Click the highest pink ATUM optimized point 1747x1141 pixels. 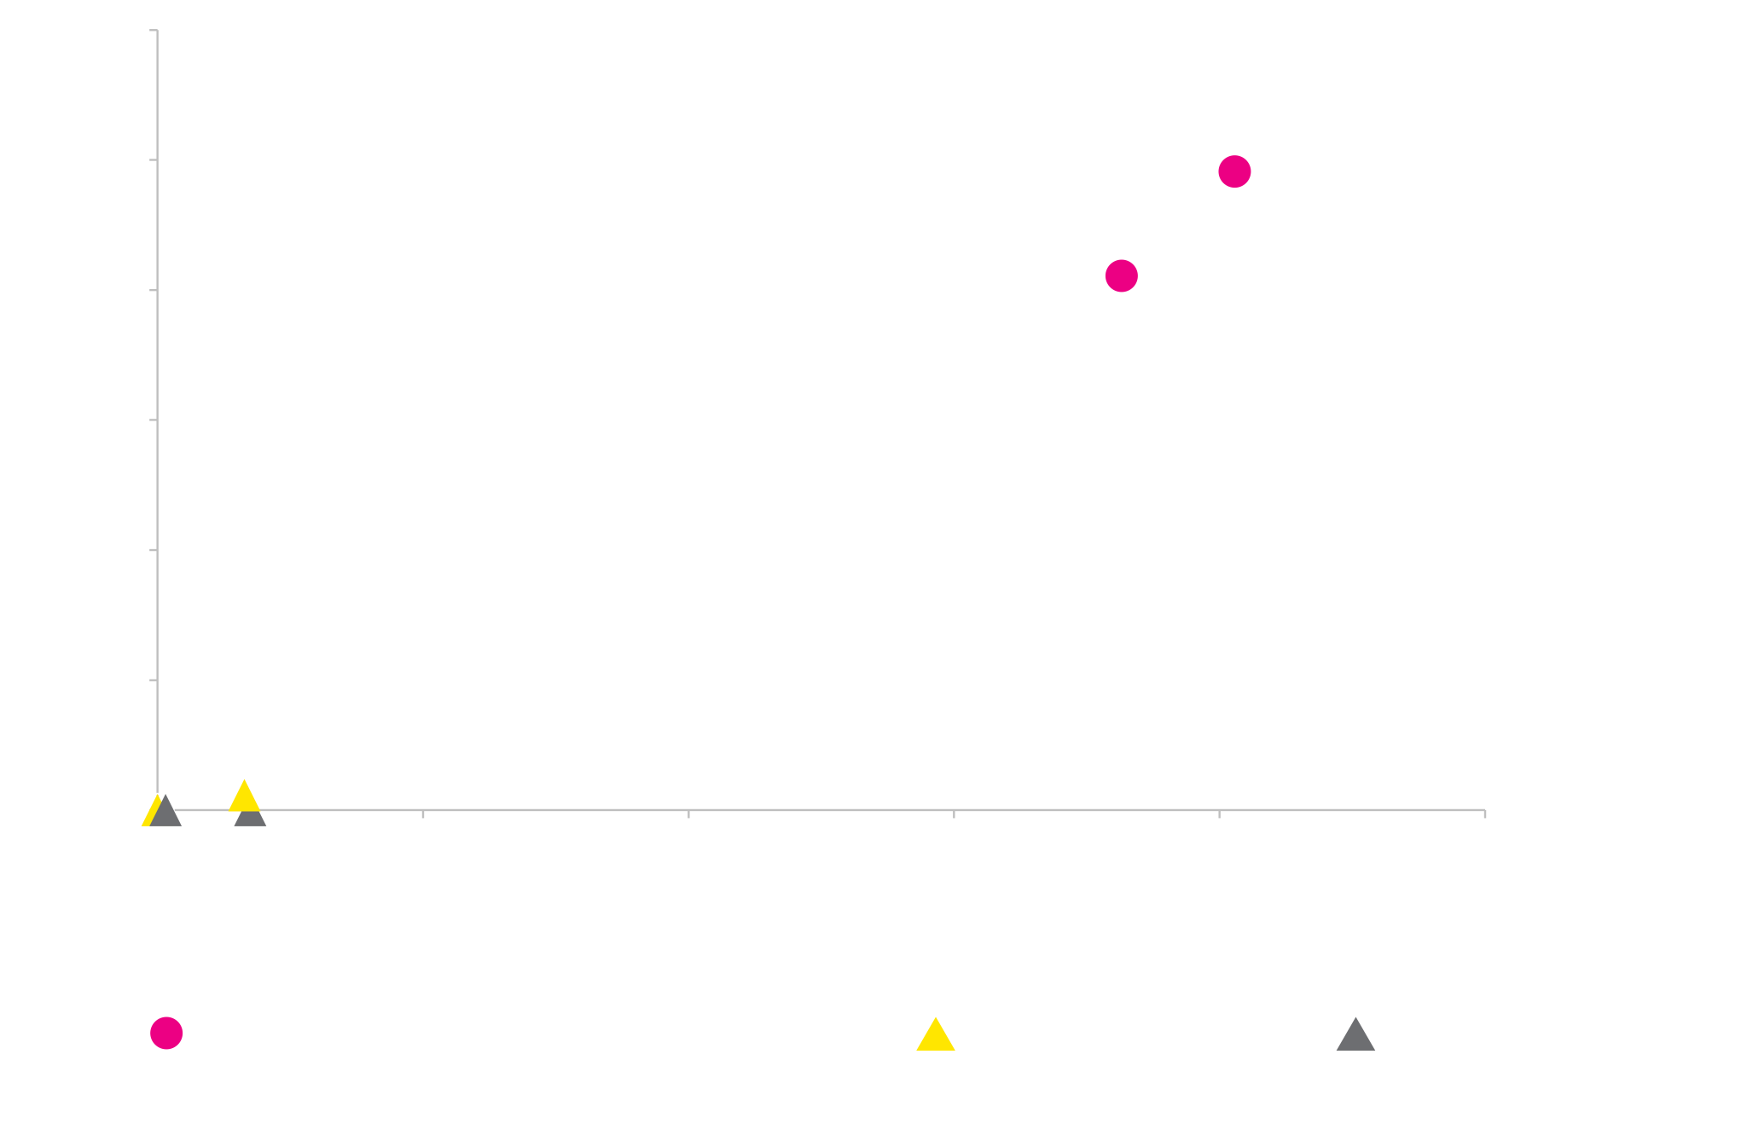1234,171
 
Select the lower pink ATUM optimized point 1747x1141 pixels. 1121,275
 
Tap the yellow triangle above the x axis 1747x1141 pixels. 244,796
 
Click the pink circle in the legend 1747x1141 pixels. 166,1032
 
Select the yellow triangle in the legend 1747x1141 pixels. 935,1034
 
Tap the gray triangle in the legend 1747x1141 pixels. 1355,1034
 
